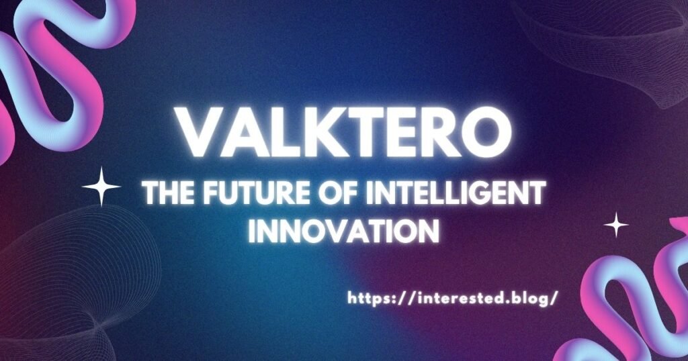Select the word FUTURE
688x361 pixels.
point(255,195)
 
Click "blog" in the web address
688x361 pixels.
point(532,297)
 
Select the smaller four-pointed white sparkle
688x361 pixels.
point(616,225)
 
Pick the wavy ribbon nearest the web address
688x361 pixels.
point(632,302)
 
